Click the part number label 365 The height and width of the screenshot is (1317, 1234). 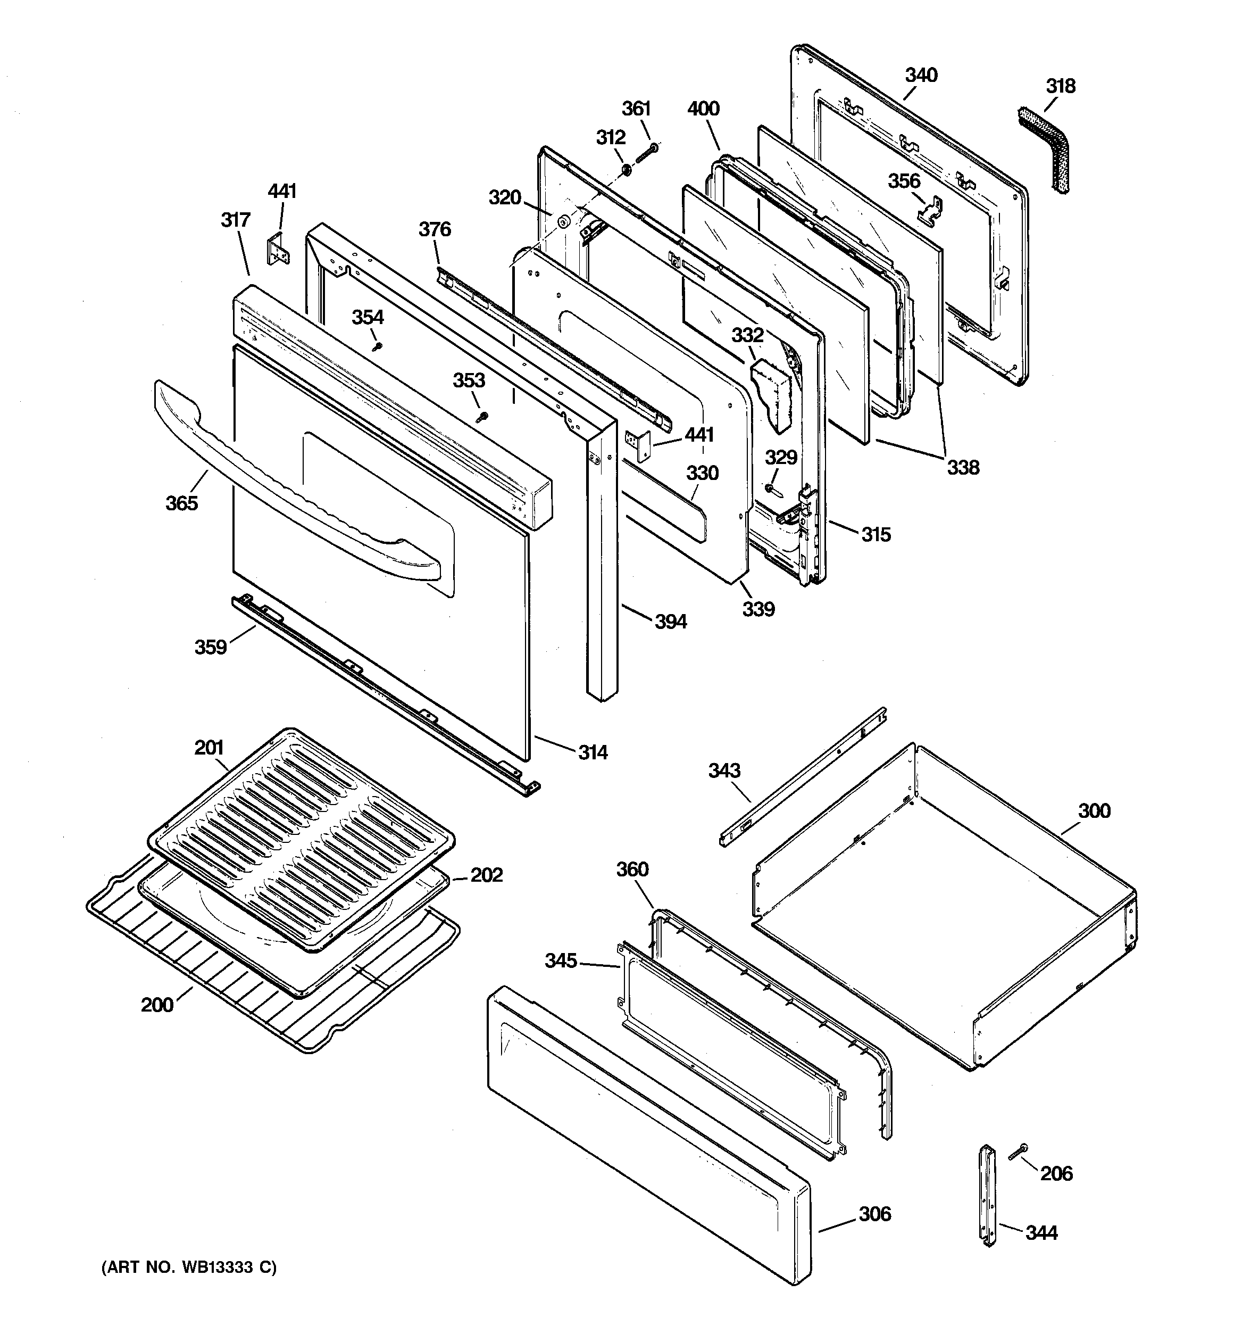(181, 503)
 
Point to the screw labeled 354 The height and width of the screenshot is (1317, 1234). (378, 346)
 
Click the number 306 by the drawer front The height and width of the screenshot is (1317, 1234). (874, 1214)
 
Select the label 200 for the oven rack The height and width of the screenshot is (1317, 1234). (157, 1005)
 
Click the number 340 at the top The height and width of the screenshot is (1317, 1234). (921, 75)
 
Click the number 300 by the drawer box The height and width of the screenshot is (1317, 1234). (1094, 811)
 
